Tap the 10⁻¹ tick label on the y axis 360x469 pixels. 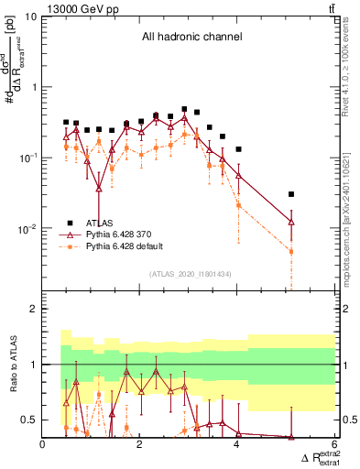click(x=27, y=158)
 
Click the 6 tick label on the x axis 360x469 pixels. click(x=334, y=446)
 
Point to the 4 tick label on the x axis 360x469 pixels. click(x=237, y=446)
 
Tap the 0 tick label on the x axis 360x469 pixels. click(x=43, y=446)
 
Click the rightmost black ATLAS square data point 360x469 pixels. click(x=291, y=194)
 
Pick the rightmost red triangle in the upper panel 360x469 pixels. click(x=291, y=222)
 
